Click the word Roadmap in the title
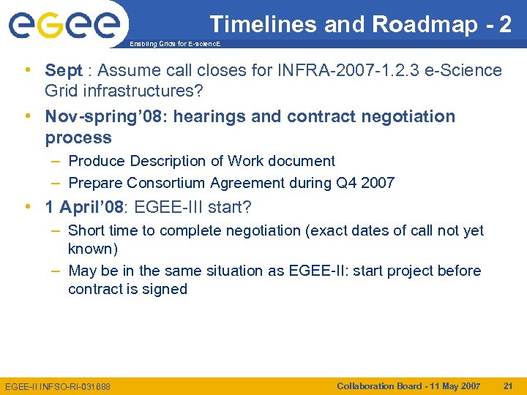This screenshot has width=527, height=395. [425, 25]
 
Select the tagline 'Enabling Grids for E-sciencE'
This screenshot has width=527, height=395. [173, 45]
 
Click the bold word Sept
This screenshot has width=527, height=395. [64, 71]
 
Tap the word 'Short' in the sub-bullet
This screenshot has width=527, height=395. [86, 230]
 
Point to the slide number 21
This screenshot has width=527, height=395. [508, 385]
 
